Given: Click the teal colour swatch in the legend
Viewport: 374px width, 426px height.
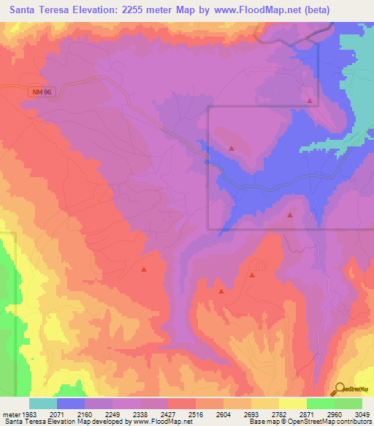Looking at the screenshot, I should (43, 403).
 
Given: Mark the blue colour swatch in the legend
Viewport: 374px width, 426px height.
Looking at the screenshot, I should (71, 403).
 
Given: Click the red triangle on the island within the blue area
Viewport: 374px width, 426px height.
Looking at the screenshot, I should (232, 149).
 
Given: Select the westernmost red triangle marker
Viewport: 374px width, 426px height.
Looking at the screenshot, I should (144, 269).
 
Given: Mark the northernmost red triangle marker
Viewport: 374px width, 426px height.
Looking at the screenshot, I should (310, 101).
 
